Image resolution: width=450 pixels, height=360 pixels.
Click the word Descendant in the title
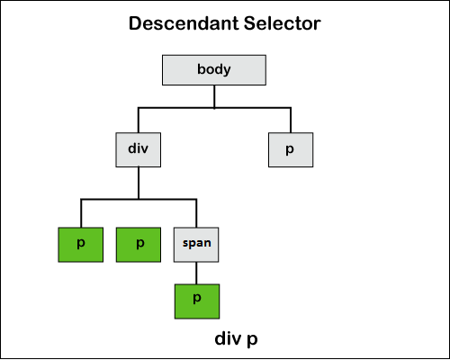(184, 23)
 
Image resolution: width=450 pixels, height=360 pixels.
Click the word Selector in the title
(283, 23)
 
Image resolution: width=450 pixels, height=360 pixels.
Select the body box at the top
(214, 70)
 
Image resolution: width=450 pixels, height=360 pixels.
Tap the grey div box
(139, 149)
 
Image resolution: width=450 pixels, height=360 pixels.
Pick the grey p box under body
(291, 149)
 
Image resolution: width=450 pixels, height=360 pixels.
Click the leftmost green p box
(81, 245)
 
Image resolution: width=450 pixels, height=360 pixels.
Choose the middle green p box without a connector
(139, 245)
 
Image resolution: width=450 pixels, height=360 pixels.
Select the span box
(196, 245)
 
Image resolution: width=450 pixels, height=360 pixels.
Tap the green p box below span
(197, 301)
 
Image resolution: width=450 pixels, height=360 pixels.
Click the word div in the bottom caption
(229, 338)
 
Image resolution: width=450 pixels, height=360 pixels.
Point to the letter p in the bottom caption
(252, 341)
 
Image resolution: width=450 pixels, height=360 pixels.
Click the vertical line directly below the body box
(214, 96)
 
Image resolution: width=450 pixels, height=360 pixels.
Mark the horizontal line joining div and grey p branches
(214, 107)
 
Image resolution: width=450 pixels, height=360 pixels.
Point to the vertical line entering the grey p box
(291, 120)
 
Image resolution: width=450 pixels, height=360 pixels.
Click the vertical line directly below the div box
(139, 183)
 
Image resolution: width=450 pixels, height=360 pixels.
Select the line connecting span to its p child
(196, 274)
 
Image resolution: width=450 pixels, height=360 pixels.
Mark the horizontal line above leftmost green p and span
(139, 199)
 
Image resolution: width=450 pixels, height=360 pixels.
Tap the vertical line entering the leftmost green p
(81, 213)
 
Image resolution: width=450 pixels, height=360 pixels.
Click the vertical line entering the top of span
(196, 213)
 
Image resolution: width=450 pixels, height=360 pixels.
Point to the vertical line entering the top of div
(139, 120)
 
